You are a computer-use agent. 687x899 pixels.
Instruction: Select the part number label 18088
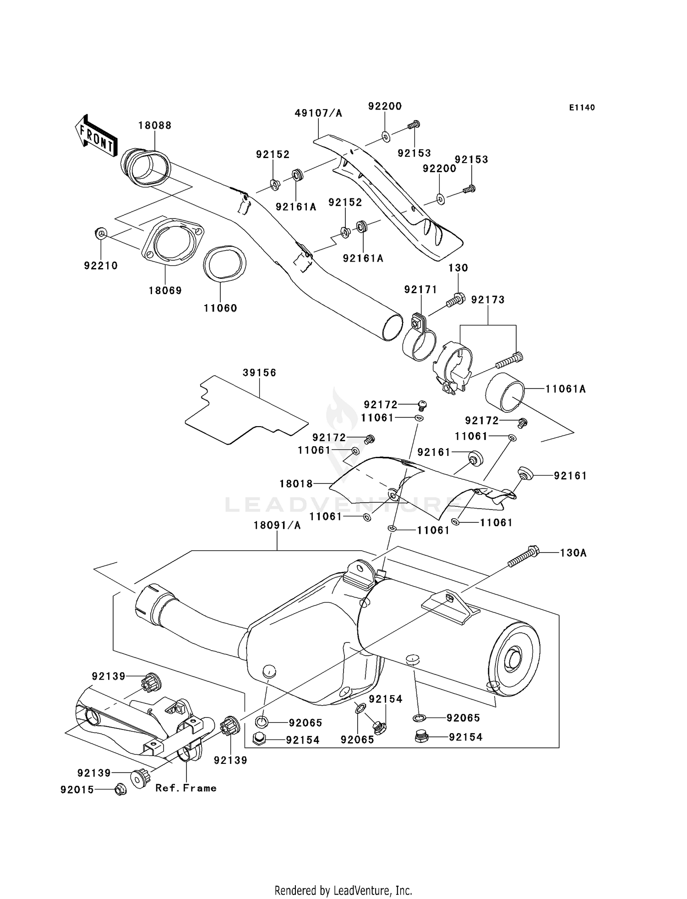(155, 126)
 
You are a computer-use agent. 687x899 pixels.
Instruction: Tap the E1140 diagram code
(582, 108)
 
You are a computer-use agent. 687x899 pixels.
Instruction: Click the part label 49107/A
(318, 113)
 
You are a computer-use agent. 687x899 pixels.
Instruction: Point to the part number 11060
(220, 308)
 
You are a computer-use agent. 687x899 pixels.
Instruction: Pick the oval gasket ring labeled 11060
(224, 263)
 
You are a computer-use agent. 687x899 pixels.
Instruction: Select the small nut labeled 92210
(101, 234)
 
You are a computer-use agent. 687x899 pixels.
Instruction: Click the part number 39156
(259, 373)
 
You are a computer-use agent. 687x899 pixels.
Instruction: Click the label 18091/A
(277, 526)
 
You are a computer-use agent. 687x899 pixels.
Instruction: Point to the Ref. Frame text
(186, 788)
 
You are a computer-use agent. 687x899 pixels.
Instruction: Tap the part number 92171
(420, 290)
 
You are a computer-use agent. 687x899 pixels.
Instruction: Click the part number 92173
(488, 300)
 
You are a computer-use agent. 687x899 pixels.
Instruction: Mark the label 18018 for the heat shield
(296, 484)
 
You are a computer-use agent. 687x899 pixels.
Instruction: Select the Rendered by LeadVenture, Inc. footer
(343, 891)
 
